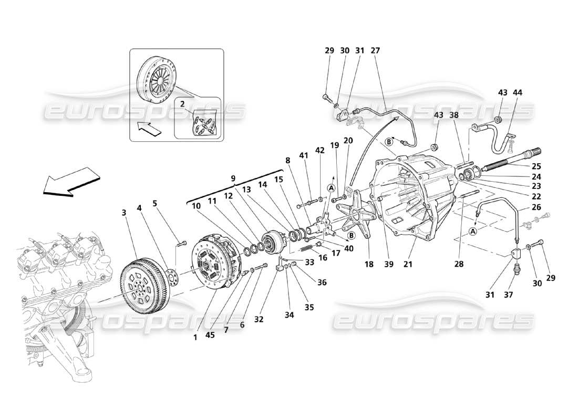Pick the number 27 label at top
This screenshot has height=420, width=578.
(375, 51)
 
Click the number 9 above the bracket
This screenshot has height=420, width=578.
(233, 178)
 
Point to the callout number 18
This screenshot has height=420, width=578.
(369, 265)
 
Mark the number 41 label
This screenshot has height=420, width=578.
(304, 155)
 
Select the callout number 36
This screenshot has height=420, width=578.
(322, 282)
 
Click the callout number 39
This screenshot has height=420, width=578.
(388, 265)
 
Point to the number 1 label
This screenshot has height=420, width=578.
(195, 337)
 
